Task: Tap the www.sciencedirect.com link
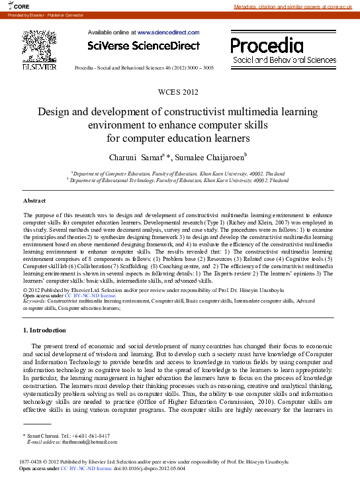pos(168,32)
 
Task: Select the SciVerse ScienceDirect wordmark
pos(144,46)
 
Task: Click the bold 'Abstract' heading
pos(34,200)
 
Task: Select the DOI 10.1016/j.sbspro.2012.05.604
pos(150,468)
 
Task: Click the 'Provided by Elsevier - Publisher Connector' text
pos(36,15)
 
